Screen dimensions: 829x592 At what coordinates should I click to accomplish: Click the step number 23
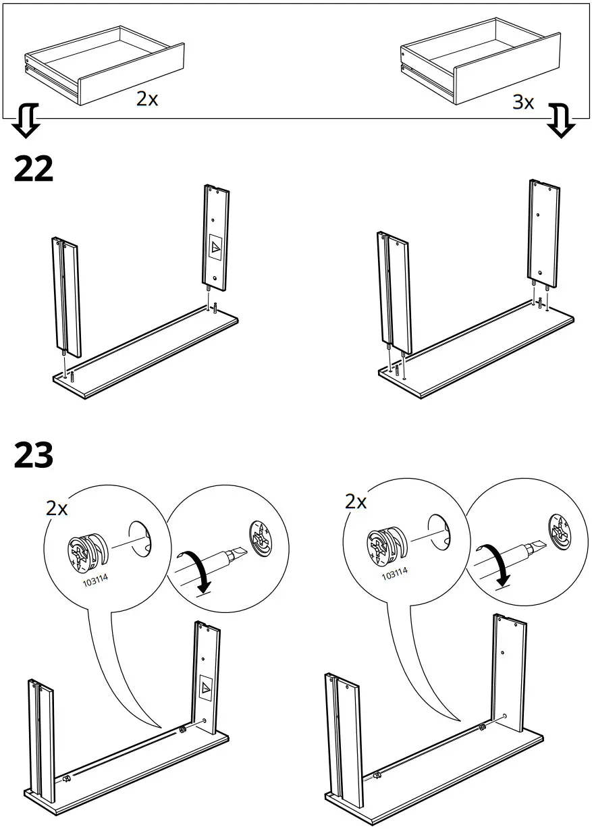pos(34,456)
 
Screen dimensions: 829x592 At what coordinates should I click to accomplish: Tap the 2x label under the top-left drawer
pos(147,99)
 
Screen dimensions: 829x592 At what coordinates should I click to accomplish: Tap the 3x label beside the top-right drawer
pos(523,103)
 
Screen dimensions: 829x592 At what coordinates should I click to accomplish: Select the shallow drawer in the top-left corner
pos(104,65)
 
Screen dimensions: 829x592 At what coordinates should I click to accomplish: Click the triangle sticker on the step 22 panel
pos(215,248)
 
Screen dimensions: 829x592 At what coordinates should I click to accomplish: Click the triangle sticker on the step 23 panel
pos(206,687)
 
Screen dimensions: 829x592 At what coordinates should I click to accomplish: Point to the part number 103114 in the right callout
pos(394,574)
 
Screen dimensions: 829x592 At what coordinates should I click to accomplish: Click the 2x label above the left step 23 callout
pos(57,508)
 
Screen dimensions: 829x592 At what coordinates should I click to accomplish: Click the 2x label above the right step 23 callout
pos(356,502)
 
